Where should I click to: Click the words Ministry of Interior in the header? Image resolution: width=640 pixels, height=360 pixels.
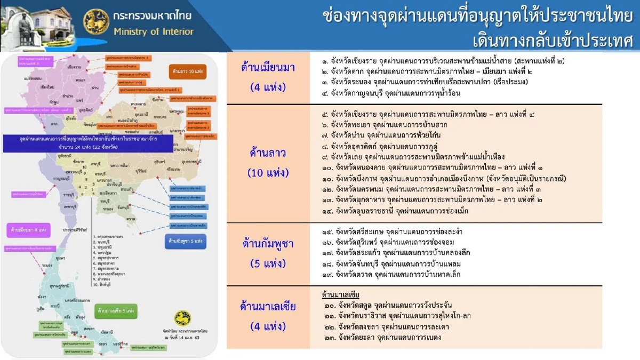154,31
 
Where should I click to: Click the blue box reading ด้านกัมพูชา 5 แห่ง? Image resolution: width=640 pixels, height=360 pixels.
183,241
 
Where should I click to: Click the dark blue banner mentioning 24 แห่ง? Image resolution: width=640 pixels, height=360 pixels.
88,143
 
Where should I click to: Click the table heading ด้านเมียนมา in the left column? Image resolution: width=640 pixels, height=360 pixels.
268,68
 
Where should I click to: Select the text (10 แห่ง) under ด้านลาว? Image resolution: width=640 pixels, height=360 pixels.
268,173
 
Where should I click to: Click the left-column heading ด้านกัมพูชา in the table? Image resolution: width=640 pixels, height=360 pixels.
268,244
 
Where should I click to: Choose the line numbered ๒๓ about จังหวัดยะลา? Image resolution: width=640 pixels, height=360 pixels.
382,337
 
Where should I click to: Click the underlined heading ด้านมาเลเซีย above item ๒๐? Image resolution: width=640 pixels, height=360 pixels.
341,295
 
